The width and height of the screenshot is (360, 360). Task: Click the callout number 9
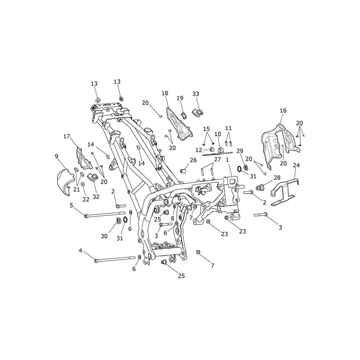[57, 157]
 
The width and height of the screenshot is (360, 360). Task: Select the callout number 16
[283, 110]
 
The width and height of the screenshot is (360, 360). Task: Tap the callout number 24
[297, 165]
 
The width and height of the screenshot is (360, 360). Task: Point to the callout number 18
[165, 93]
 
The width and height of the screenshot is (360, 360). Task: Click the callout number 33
[196, 94]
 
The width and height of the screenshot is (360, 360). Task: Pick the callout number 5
[72, 205]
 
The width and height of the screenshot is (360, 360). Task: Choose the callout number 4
[81, 251]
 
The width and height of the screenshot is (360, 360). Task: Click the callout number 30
[104, 236]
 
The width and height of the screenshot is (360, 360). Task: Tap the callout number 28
[277, 177]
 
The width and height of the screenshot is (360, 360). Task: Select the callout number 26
[193, 160]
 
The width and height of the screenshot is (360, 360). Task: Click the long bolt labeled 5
[105, 215]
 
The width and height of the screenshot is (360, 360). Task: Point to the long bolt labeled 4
[115, 259]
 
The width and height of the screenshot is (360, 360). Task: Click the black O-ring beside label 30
[126, 220]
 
